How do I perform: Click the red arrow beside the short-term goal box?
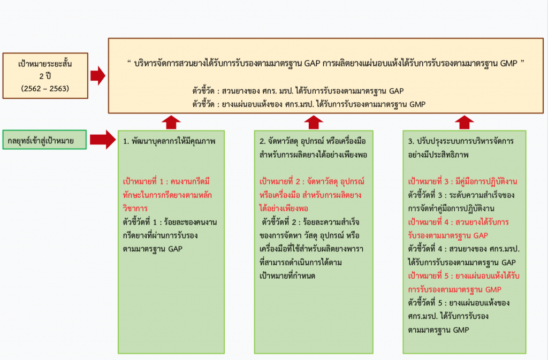[98, 76]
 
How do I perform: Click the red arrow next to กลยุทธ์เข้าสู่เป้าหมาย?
[103, 140]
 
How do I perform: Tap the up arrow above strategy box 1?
[171, 122]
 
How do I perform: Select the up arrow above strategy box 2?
[314, 122]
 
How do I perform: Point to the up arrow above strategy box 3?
[465, 122]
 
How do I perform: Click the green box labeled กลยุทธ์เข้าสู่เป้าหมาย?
[44, 140]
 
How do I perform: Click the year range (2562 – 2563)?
[45, 88]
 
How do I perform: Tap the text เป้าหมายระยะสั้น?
[45, 64]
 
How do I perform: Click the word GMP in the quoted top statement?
[508, 63]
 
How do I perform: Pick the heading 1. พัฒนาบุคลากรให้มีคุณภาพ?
[169, 141]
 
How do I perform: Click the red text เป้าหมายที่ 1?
[143, 181]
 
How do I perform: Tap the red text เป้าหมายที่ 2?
[280, 181]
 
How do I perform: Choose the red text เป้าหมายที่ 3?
[429, 181]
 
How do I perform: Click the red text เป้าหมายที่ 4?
[429, 222]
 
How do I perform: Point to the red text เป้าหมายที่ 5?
[429, 276]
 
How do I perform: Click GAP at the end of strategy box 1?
[175, 249]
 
